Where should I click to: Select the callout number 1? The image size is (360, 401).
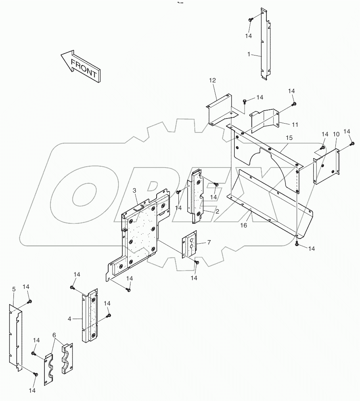click(x=249, y=54)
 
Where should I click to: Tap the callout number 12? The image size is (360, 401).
click(x=213, y=80)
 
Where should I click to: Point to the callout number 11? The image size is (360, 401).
click(x=295, y=124)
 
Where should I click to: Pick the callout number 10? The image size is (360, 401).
click(x=336, y=134)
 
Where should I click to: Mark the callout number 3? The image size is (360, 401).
click(x=134, y=191)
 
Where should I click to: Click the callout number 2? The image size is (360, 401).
click(x=217, y=211)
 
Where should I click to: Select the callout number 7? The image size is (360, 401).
click(x=209, y=242)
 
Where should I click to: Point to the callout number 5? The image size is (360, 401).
click(x=14, y=290)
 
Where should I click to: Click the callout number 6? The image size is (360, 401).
click(x=54, y=335)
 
